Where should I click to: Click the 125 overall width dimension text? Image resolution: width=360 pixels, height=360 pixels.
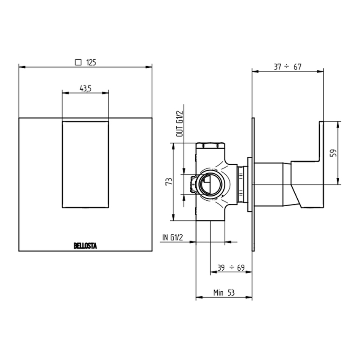91,62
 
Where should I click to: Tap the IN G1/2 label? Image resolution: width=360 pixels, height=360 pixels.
172,238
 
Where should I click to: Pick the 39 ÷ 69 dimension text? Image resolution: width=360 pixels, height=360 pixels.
231,268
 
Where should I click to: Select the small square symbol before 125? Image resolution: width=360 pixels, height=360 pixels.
78,62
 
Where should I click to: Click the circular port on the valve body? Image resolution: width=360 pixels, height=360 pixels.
209,185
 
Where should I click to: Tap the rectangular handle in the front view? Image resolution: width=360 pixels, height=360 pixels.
86,164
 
